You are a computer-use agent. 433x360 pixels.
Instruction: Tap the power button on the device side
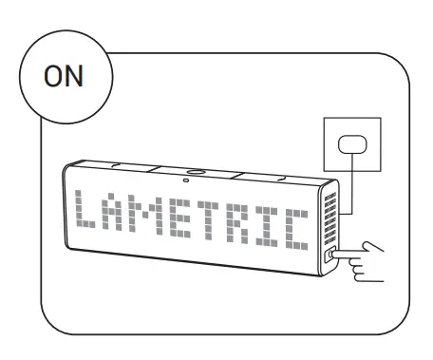(329, 255)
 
